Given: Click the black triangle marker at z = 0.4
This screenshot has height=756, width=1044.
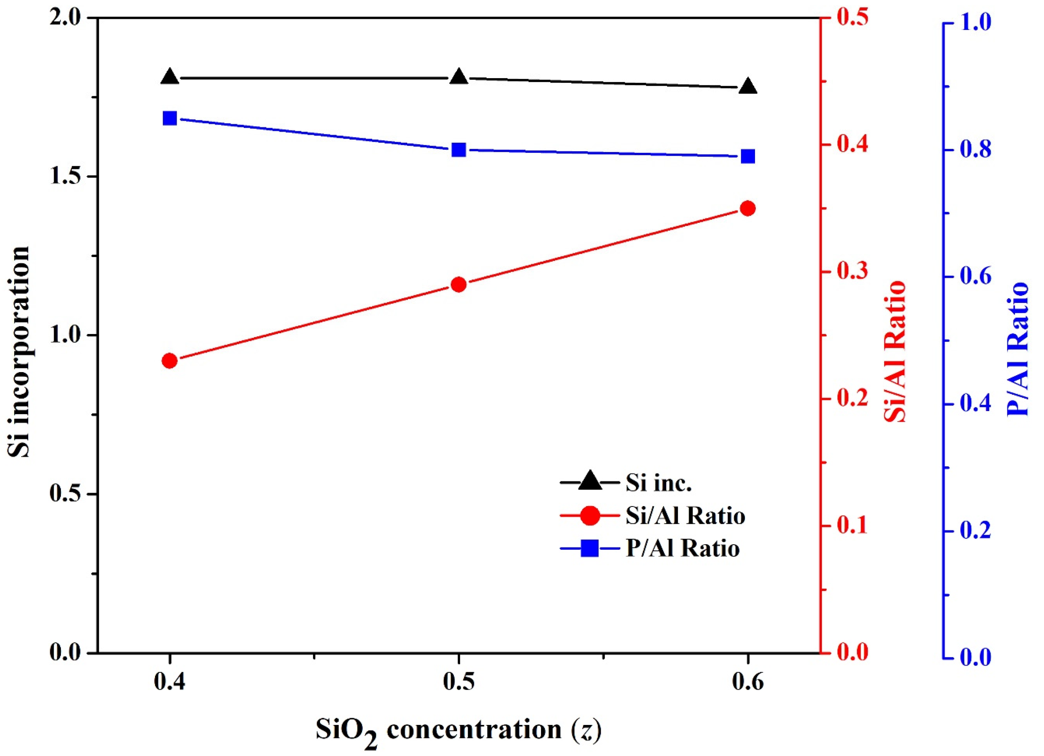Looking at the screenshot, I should (x=170, y=77).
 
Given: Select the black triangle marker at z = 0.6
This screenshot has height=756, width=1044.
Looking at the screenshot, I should (x=748, y=87).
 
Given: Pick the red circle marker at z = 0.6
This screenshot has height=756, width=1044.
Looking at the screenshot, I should (x=748, y=208).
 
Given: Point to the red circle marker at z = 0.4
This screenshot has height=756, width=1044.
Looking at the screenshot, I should (x=170, y=361).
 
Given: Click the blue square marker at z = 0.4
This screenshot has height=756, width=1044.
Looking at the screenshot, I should (x=170, y=118).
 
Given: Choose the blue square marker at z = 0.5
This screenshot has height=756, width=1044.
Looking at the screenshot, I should (x=459, y=150).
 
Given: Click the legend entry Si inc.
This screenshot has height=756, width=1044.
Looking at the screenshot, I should (x=658, y=483).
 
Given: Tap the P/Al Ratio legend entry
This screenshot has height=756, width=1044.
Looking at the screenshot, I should (x=682, y=548).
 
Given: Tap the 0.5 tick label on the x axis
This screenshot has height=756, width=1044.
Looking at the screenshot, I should (x=459, y=682).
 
